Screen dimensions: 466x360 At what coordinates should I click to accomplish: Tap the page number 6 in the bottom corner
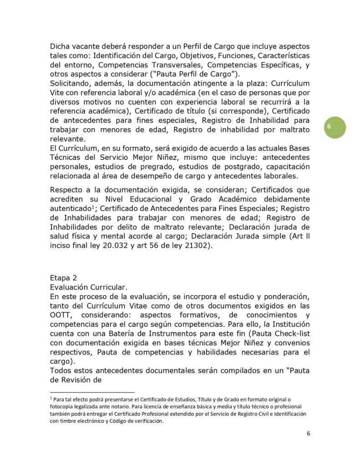pyautogui.click(x=309, y=433)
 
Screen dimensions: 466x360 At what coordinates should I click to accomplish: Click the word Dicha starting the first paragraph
pyautogui.click(x=61, y=46)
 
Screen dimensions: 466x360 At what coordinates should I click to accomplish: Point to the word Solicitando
pyautogui.click(x=74, y=83)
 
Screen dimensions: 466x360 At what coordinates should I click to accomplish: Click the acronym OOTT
pyautogui.click(x=62, y=315)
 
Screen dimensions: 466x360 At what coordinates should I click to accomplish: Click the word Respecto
pyautogui.click(x=70, y=190)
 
